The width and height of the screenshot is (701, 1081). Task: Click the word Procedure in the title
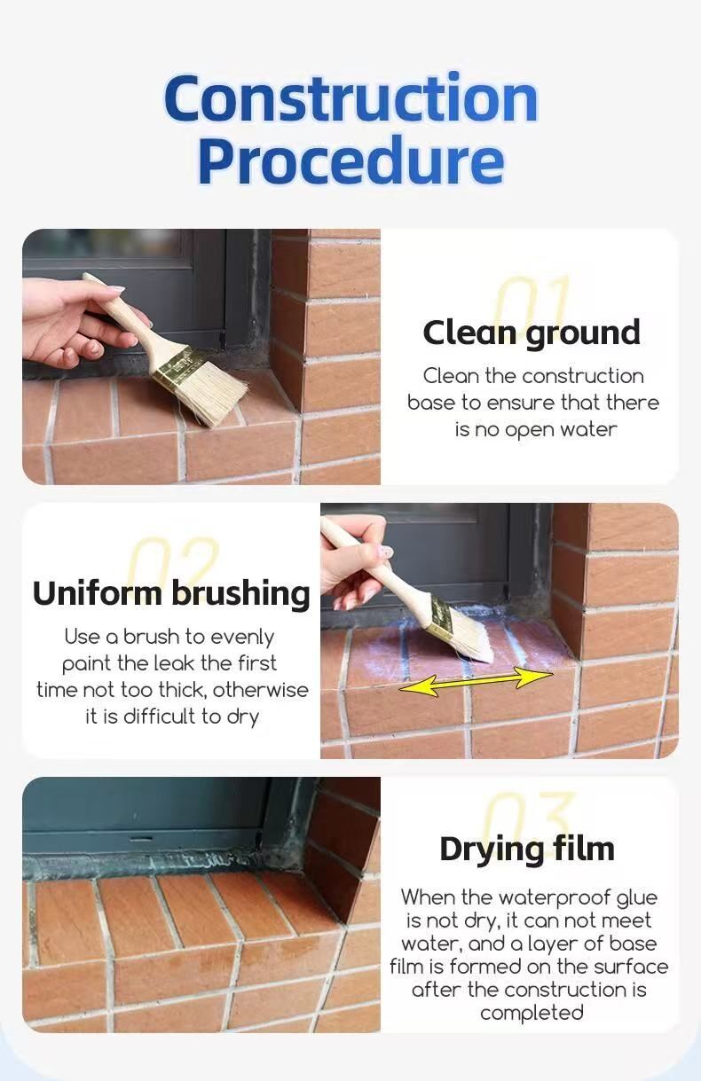[351, 160]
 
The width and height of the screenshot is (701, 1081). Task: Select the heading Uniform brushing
[171, 593]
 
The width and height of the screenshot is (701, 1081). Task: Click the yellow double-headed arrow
[476, 681]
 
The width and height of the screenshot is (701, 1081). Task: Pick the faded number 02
[174, 559]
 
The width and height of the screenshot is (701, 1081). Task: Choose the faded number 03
[530, 815]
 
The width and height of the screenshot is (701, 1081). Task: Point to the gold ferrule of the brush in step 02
[443, 613]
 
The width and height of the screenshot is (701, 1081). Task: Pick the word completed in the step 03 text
[532, 1013]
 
